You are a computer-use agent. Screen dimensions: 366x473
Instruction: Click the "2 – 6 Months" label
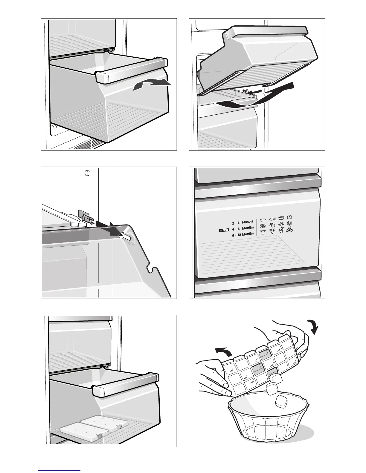click(243, 222)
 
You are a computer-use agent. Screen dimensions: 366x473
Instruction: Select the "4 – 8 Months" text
click(244, 228)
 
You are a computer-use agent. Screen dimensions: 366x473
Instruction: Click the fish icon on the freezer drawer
click(272, 219)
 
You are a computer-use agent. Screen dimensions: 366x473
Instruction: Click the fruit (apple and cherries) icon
click(290, 230)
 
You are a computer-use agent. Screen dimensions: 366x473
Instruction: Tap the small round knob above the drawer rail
click(87, 173)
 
